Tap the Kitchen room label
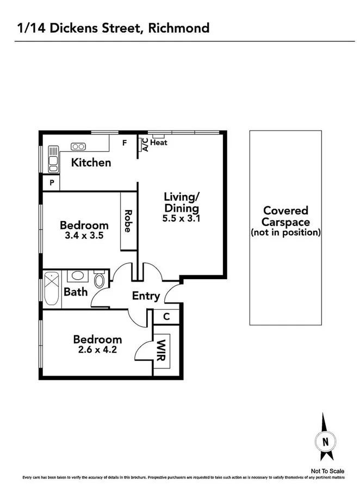(x=91, y=162)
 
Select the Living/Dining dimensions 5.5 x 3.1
(x=181, y=219)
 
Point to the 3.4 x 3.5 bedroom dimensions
(x=84, y=236)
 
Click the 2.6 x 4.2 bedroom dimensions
(x=98, y=351)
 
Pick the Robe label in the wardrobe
(x=128, y=221)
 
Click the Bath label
(x=76, y=292)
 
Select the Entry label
(x=146, y=296)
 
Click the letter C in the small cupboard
(x=166, y=316)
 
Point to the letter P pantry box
(x=52, y=183)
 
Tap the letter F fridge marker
(x=124, y=144)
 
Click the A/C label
(x=145, y=144)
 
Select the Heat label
(x=159, y=143)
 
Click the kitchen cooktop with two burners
(x=78, y=146)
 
